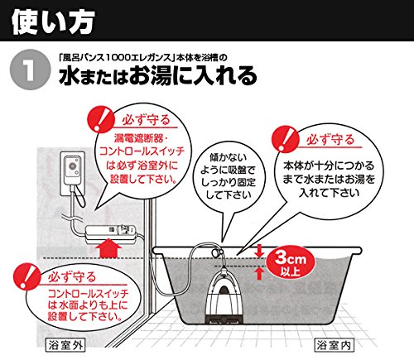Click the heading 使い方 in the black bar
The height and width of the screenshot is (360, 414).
[x=53, y=22]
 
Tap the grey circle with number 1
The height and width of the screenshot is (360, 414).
[x=31, y=70]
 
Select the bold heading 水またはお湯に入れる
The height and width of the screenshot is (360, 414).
[x=158, y=75]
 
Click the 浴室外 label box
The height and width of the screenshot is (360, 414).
[x=65, y=345]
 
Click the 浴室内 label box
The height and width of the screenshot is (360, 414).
[x=334, y=345]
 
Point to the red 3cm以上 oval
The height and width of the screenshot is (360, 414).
[x=291, y=262]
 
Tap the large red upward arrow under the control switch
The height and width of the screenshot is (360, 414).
[x=108, y=247]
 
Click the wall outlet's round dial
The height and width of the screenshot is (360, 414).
[x=73, y=166]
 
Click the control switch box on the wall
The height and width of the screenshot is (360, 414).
[x=111, y=234]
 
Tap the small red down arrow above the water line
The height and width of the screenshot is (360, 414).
[x=258, y=251]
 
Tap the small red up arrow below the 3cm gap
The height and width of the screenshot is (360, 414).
[x=258, y=274]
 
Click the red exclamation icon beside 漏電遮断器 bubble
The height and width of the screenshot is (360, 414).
[x=101, y=119]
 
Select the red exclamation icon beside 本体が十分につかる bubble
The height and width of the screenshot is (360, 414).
[x=286, y=139]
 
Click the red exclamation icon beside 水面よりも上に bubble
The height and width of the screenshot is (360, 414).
[x=27, y=276]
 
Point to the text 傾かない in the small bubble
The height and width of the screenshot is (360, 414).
[x=228, y=157]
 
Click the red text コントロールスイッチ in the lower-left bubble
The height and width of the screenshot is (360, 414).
[x=88, y=293]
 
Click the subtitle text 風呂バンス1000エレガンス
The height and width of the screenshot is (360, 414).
[x=115, y=57]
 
